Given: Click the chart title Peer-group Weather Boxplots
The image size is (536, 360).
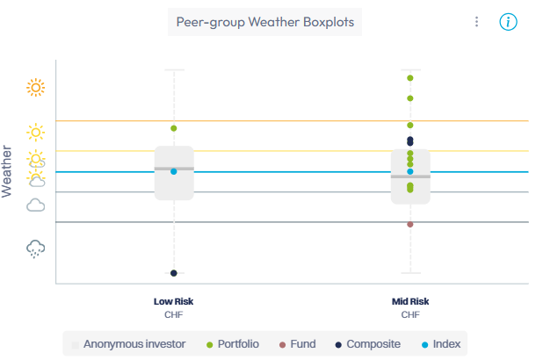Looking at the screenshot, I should (264, 22).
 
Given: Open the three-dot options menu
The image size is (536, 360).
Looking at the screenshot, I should (476, 22).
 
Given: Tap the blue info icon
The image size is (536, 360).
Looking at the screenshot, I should (508, 22).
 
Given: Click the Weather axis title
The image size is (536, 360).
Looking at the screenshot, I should (8, 172).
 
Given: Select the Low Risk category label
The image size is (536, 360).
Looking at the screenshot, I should (173, 301).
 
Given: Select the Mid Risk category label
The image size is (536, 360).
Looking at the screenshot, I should (410, 301).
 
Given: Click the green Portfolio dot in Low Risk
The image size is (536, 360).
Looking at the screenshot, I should (174, 128).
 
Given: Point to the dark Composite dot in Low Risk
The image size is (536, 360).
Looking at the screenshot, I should (174, 273).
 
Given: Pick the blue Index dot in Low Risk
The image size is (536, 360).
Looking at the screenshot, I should (174, 171).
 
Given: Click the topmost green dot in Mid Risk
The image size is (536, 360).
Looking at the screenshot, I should (410, 78).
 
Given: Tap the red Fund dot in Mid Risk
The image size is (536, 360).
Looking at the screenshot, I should (410, 224).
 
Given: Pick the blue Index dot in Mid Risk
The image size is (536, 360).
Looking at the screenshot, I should (410, 171).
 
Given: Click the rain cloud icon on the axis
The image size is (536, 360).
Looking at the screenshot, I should (36, 248).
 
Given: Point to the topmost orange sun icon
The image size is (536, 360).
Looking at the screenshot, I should (35, 87).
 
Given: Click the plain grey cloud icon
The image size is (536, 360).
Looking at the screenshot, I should (36, 205).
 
